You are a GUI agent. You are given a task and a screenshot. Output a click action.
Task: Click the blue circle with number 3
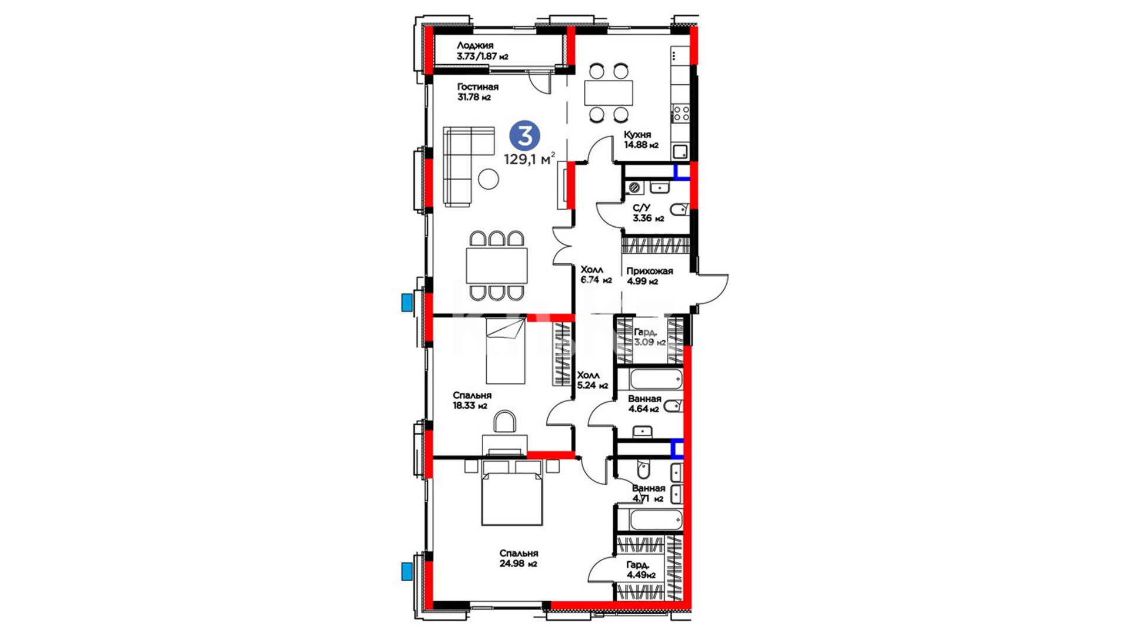tap(524, 136)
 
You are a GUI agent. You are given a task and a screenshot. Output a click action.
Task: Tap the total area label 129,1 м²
tap(529, 159)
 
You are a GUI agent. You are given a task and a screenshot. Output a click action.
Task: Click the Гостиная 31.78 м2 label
tap(478, 92)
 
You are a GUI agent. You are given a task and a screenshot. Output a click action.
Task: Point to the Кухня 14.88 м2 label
tap(641, 140)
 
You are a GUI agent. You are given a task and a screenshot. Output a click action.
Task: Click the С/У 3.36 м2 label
tap(648, 213)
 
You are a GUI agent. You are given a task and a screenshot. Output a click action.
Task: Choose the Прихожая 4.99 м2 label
tap(650, 276)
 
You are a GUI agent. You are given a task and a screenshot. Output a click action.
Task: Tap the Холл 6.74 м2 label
tap(596, 275)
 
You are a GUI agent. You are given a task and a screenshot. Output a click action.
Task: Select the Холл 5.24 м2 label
tap(592, 380)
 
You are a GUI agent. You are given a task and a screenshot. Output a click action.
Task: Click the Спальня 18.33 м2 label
tap(472, 400)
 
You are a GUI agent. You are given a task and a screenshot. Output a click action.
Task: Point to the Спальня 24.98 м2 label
tap(519, 558)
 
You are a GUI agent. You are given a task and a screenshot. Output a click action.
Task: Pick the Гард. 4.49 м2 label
tap(641, 570)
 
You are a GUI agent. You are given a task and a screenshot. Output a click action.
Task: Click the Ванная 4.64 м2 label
tap(644, 404)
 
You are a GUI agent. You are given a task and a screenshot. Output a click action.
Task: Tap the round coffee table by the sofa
tap(488, 179)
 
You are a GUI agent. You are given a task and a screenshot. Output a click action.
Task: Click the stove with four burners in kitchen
tap(681, 112)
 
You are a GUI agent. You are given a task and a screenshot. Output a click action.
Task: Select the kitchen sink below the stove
tap(680, 151)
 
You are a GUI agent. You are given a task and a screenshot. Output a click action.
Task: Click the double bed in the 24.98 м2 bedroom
tap(511, 493)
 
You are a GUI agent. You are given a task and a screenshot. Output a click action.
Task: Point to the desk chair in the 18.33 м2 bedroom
tap(504, 422)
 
